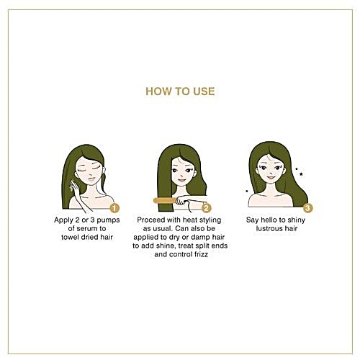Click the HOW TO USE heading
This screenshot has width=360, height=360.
180,91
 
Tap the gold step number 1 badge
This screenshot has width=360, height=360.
114,208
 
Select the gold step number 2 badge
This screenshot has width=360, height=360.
207,208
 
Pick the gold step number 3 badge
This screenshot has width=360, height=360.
308,208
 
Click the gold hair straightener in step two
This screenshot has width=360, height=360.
165,200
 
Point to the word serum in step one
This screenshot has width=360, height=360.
86,228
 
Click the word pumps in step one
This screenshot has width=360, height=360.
108,220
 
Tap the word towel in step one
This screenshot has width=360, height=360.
70,237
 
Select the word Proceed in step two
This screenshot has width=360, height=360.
151,220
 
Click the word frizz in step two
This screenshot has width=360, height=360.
200,254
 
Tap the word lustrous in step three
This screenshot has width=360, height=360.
267,228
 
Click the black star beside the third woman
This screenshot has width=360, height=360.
301,174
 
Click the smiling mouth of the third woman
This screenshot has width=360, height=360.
271,178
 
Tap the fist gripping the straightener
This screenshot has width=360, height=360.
181,200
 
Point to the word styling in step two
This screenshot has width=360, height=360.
210,220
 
